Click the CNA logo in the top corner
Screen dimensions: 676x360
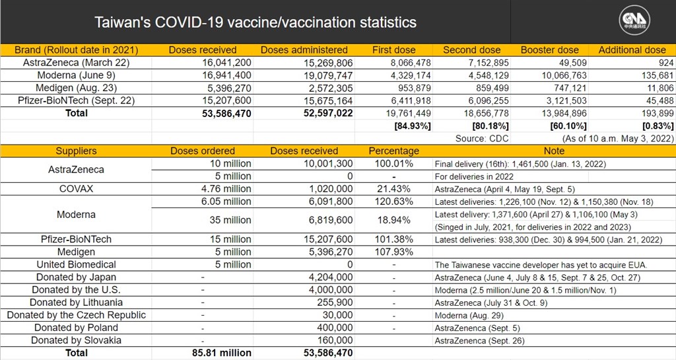(634, 20)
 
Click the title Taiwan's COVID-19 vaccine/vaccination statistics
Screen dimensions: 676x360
(255, 22)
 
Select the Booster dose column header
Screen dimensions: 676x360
(550, 50)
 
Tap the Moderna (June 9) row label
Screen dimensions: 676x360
(77, 75)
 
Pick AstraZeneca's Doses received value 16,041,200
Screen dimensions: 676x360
(227, 63)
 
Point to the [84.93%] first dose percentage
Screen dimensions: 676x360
(412, 126)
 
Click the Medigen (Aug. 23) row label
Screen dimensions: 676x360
(77, 88)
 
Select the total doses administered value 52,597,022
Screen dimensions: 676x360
(328, 114)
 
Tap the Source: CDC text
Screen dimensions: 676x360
(482, 139)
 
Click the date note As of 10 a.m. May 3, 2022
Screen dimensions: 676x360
(618, 139)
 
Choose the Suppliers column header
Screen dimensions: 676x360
(77, 151)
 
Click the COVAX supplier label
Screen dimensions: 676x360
(77, 189)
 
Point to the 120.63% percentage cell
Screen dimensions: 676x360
(394, 201)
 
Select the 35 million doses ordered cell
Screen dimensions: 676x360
(230, 221)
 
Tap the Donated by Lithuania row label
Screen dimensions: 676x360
(77, 303)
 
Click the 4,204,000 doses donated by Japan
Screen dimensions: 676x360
(331, 277)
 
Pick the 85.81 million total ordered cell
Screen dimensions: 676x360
(222, 353)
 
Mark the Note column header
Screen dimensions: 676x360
(554, 151)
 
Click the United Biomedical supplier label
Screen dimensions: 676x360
(77, 265)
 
